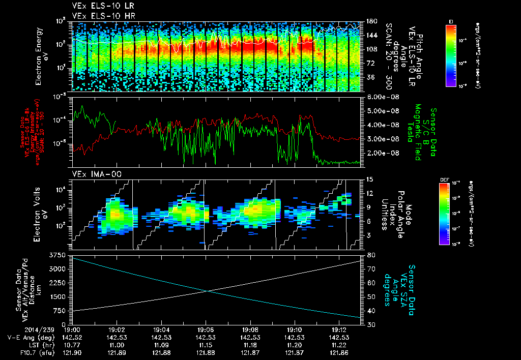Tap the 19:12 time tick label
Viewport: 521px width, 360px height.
tap(339, 329)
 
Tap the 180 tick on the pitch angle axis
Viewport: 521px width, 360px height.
tap(371, 21)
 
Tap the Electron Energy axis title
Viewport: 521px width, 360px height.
tap(40, 56)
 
